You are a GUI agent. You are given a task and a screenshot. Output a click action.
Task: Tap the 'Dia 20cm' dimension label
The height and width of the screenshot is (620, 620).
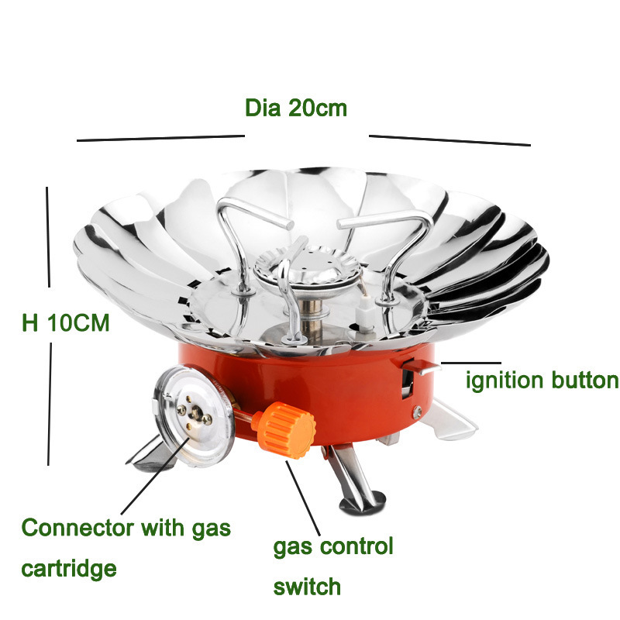(x=296, y=108)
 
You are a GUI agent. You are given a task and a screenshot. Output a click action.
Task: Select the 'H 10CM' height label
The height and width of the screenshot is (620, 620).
(x=66, y=322)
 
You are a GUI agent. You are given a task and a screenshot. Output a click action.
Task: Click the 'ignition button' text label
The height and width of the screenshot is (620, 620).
(x=542, y=381)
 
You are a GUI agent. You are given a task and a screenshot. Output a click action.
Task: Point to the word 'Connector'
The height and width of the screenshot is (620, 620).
(x=77, y=528)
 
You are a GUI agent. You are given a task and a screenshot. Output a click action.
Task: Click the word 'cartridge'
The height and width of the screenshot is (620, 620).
(x=69, y=569)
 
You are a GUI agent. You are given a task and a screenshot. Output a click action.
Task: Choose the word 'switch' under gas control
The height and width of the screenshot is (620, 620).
(x=307, y=587)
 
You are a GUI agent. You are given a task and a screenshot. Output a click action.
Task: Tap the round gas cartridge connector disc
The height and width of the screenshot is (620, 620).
(x=193, y=416)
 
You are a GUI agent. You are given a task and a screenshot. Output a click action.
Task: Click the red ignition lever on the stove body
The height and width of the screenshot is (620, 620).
(x=421, y=367)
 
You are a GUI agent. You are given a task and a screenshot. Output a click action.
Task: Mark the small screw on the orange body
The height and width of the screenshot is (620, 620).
(x=417, y=412)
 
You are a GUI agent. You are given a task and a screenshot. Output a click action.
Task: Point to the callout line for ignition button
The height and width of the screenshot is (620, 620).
(x=471, y=363)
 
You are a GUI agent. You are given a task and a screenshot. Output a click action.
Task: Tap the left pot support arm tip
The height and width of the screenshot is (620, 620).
(x=288, y=226)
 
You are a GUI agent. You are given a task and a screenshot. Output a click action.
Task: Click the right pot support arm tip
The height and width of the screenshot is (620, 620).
(x=343, y=225)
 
